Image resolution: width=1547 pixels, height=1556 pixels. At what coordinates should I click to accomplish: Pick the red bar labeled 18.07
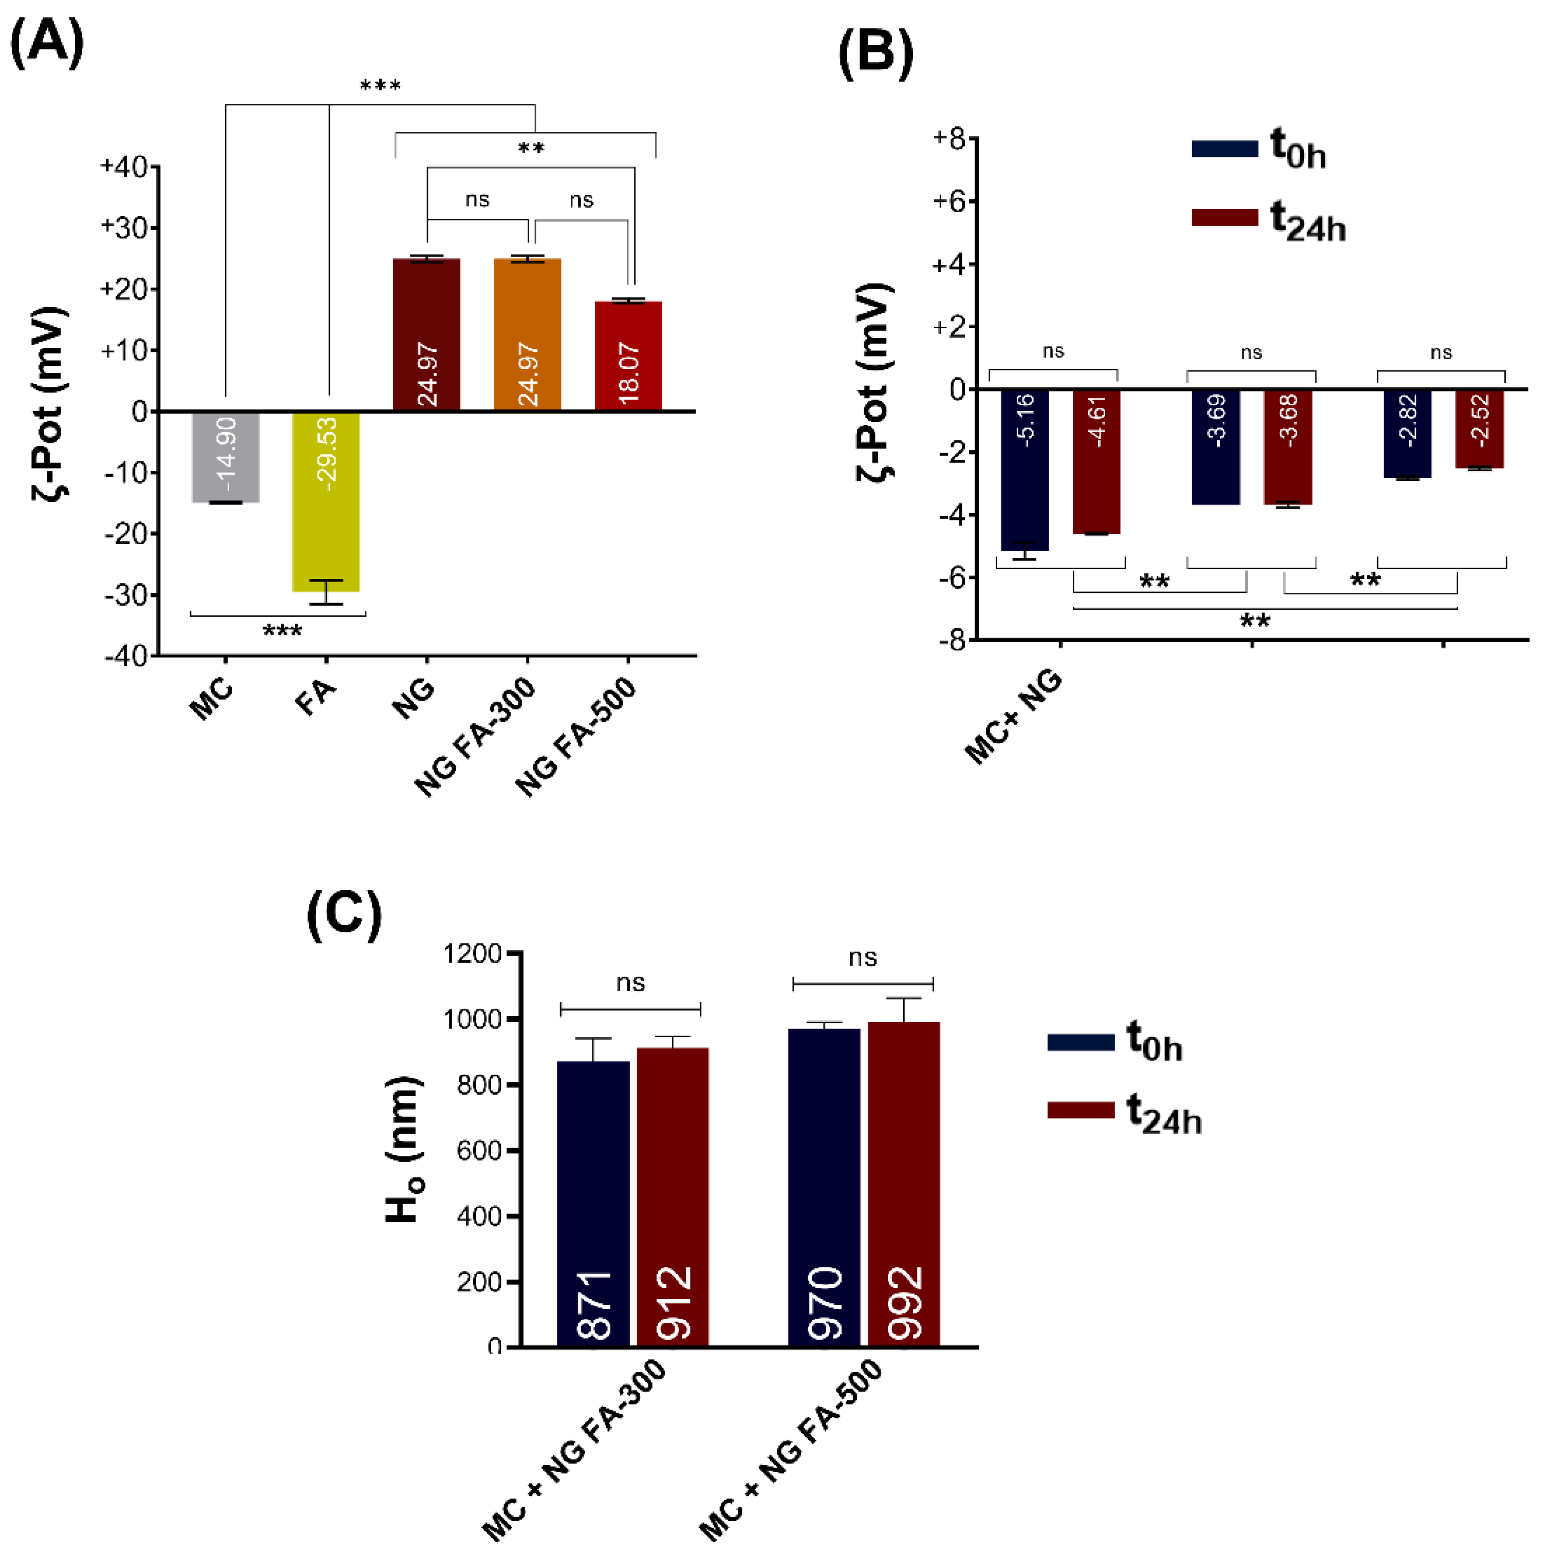[x=628, y=355]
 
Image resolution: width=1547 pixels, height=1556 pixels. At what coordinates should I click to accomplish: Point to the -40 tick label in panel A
[x=126, y=655]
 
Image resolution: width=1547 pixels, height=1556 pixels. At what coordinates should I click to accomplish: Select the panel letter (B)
[x=875, y=54]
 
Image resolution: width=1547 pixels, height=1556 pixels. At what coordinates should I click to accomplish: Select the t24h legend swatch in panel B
[x=1224, y=217]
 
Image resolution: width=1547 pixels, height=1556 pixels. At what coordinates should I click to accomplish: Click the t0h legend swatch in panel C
[x=1080, y=1042]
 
